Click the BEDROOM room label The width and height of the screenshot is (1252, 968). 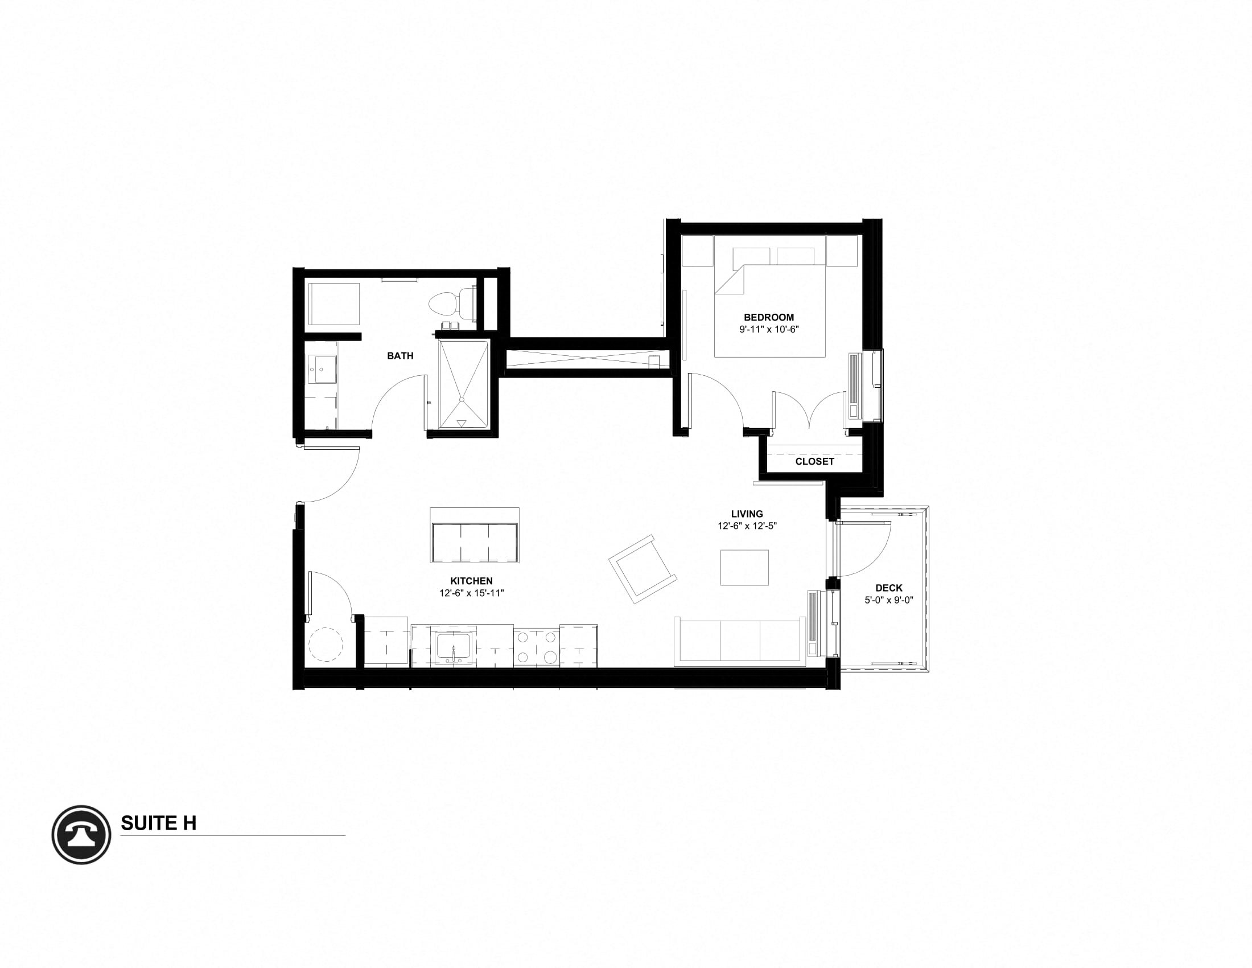769,317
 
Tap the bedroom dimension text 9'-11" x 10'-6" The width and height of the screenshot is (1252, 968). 769,330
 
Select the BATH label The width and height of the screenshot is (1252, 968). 400,356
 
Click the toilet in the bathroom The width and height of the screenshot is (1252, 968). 451,303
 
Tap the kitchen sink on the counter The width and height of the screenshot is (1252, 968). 453,647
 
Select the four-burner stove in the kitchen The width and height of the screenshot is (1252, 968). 537,646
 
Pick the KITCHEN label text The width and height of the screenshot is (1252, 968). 471,581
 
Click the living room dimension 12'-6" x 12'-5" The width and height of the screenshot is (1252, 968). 747,526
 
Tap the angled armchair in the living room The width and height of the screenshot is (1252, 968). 643,568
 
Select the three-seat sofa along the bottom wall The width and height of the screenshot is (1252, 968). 739,642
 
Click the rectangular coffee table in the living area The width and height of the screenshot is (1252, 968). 744,567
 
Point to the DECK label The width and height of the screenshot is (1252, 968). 888,588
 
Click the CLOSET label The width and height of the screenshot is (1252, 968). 814,461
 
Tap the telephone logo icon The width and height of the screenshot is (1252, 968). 81,834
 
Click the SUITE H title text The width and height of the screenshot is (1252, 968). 158,823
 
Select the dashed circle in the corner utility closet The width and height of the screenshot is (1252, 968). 326,645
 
